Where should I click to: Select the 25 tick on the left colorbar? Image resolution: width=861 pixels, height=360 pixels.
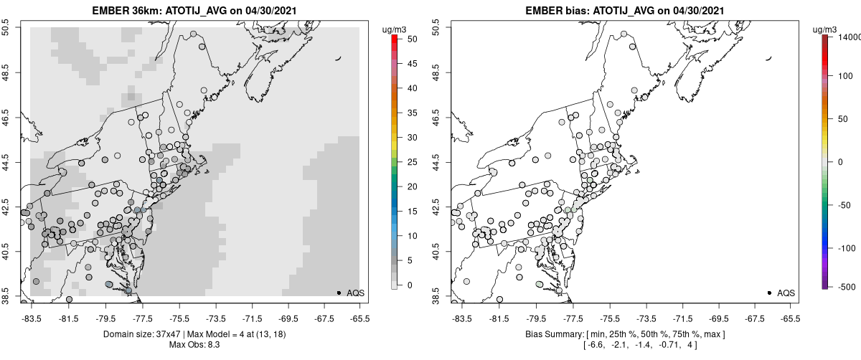[x=409, y=162]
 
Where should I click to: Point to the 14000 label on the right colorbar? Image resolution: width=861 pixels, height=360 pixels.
[x=850, y=37]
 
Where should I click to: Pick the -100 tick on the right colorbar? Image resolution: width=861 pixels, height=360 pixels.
[x=849, y=248]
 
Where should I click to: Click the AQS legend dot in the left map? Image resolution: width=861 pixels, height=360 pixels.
[x=339, y=293]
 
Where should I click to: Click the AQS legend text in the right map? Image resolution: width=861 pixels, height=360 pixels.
[x=786, y=293]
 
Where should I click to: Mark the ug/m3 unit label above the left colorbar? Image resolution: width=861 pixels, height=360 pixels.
[x=395, y=29]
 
